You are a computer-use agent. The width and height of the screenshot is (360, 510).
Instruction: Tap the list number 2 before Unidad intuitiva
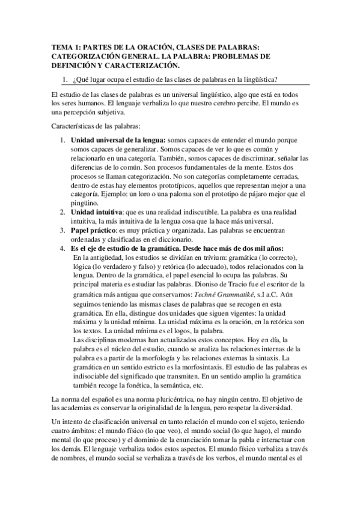click(62, 212)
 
